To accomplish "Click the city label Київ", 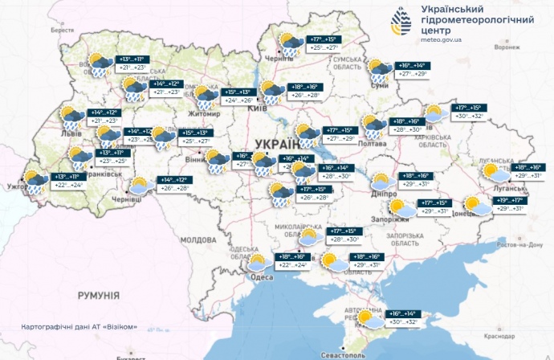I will click(x=259, y=108).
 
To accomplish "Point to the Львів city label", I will click(x=71, y=133).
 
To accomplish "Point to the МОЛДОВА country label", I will click(x=198, y=239).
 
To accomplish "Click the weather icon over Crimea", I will click(x=370, y=318).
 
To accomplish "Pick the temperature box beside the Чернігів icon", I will click(x=320, y=43).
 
